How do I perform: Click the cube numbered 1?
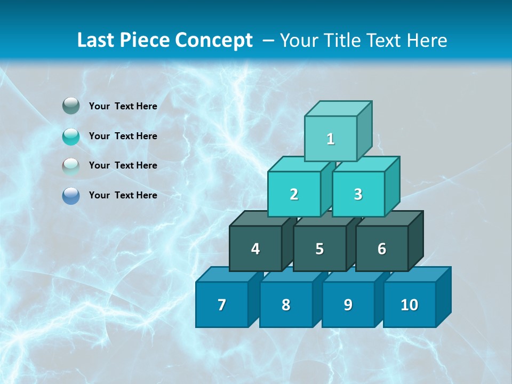coord(331,139)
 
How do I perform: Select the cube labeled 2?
coord(294,194)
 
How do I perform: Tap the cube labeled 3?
coord(358,194)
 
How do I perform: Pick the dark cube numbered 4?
coord(255,249)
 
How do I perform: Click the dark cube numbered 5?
coord(319,249)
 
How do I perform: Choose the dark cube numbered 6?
coord(382,249)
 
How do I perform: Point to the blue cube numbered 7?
coord(222,305)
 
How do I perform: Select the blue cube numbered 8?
coord(286,305)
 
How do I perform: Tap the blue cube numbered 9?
coord(348,305)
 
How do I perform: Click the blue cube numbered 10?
coord(410,305)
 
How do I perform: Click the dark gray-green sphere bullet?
coord(71,106)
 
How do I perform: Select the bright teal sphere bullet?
coord(71,136)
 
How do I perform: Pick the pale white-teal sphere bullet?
coord(71,166)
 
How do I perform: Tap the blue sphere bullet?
coord(71,195)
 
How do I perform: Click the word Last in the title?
coord(96,41)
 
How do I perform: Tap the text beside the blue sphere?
coord(123,195)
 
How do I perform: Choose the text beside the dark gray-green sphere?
coord(123,106)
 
